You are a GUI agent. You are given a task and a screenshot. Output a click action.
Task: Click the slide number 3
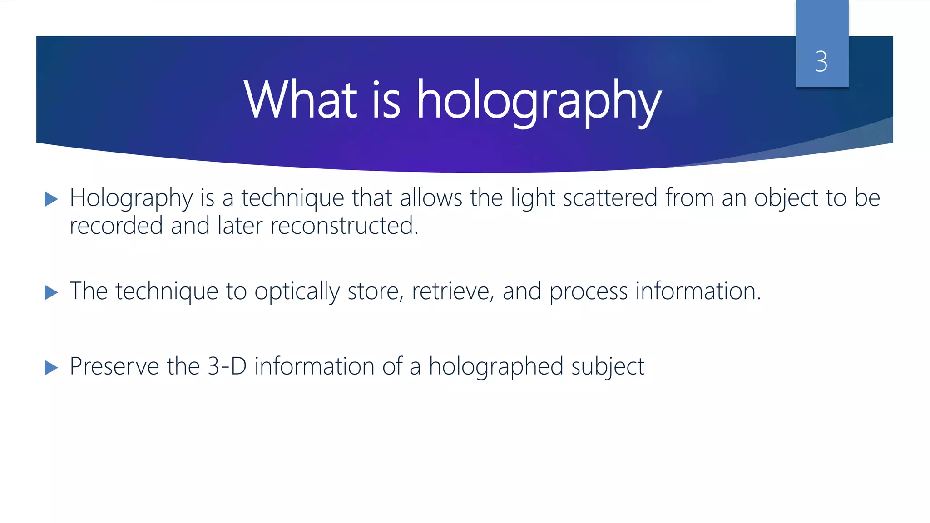pyautogui.click(x=821, y=61)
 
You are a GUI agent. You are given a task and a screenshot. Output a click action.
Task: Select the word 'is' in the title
pyautogui.click(x=386, y=99)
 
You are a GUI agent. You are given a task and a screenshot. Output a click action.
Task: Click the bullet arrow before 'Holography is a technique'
pyautogui.click(x=51, y=199)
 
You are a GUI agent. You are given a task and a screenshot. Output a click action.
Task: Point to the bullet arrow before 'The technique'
pyautogui.click(x=51, y=292)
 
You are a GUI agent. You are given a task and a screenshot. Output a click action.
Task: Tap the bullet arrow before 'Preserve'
pyautogui.click(x=51, y=367)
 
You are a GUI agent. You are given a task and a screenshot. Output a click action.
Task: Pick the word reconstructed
pyautogui.click(x=344, y=226)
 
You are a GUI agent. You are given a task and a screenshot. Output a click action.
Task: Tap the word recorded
pyautogui.click(x=116, y=226)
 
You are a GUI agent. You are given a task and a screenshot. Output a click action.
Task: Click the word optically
pyautogui.click(x=297, y=292)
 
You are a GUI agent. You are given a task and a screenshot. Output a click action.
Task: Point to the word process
pyautogui.click(x=589, y=292)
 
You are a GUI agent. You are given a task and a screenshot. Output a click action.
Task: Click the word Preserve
pyautogui.click(x=114, y=366)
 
